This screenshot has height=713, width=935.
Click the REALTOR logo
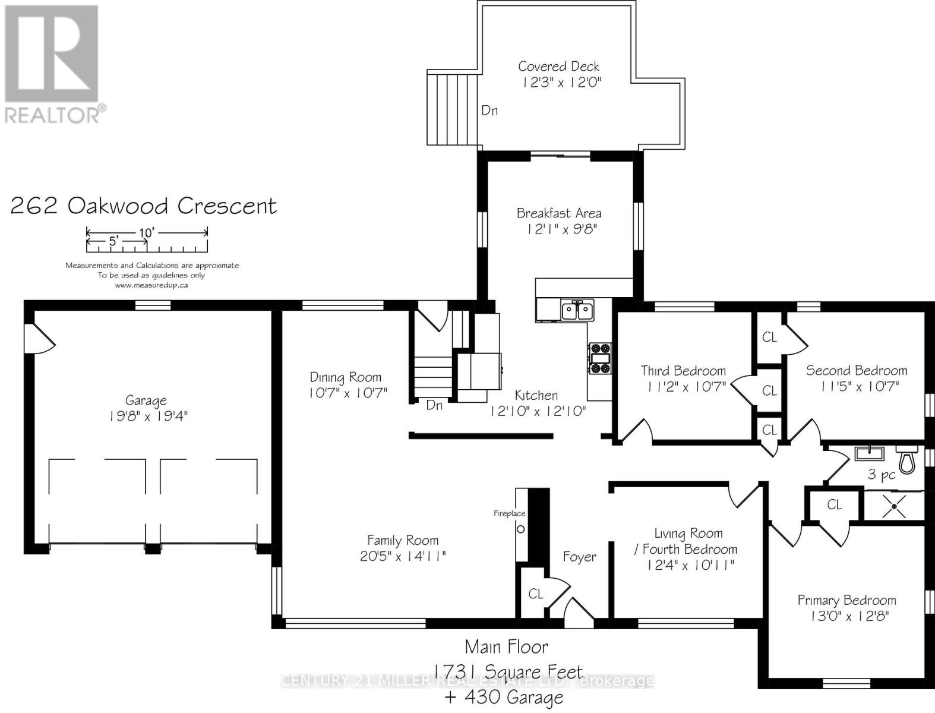(52, 62)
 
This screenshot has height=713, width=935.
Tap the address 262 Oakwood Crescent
(144, 206)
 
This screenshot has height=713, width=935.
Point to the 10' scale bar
(147, 232)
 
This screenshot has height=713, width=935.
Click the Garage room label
(146, 400)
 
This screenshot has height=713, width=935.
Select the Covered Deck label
(558, 67)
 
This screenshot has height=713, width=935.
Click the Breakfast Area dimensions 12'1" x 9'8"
(558, 228)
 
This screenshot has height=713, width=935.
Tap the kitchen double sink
(576, 310)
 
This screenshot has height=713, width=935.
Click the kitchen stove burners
(600, 358)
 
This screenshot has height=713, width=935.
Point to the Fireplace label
(510, 513)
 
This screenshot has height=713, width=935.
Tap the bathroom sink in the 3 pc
(869, 454)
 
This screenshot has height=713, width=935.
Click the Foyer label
(579, 557)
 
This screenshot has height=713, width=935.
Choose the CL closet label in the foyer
(536, 594)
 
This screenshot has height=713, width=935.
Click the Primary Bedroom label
(846, 600)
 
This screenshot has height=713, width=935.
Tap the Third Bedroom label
(683, 371)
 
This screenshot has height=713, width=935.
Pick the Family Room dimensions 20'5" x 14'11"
(403, 556)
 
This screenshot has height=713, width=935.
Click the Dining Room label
(346, 377)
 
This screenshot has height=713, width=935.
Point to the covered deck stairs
(452, 108)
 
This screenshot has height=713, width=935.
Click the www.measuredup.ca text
(151, 285)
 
